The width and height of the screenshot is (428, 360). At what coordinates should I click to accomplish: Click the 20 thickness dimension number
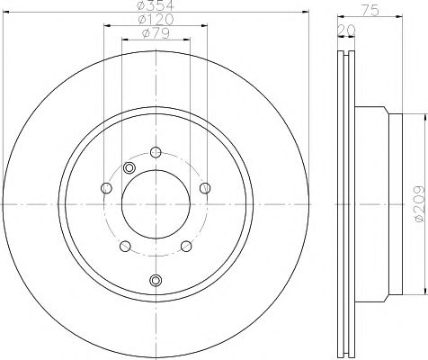[x=344, y=31]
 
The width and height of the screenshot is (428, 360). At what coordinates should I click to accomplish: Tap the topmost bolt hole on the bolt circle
[x=156, y=152]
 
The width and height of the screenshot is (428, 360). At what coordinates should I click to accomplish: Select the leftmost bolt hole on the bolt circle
[x=105, y=188]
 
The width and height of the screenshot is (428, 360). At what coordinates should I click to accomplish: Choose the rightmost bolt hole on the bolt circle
[x=206, y=188]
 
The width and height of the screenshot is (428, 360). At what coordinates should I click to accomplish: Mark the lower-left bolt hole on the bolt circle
[x=125, y=247]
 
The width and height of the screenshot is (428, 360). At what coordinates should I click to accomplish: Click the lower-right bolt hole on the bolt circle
[x=186, y=247]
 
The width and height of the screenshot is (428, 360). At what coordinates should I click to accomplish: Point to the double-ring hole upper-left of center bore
[x=129, y=169]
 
